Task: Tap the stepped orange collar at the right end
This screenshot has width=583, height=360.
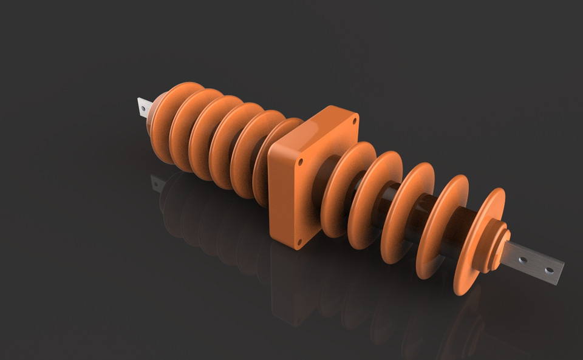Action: pyautogui.click(x=499, y=243)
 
